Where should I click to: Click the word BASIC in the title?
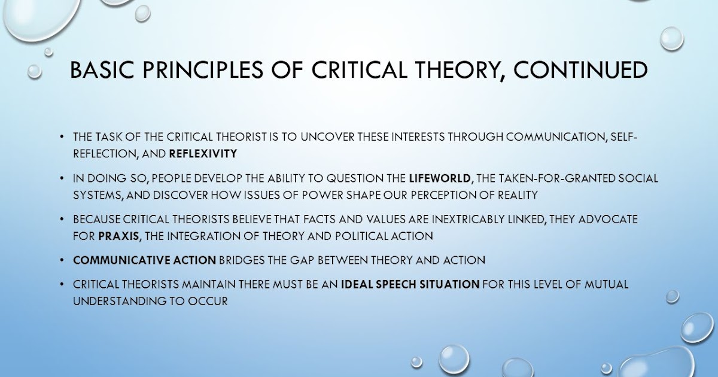101,71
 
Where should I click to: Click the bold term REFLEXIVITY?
203,154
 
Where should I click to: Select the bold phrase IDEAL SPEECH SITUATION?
410,285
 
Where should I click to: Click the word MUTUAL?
606,285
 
